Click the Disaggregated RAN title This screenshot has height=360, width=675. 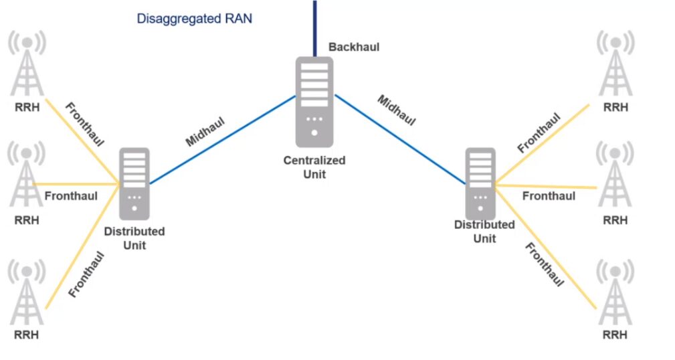coord(194,19)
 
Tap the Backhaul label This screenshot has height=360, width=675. coord(354,48)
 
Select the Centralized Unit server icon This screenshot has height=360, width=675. coord(314,102)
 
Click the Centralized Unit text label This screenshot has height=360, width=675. coord(314,167)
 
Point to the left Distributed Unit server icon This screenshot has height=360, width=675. coord(134,184)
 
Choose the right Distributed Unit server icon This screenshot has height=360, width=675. coord(480,184)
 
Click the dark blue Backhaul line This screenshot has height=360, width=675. coord(314,27)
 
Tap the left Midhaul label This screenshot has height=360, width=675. coord(205,131)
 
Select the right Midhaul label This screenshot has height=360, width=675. coord(397,110)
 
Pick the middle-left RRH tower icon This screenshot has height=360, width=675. coord(27,177)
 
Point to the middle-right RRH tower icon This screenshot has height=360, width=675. coord(615,177)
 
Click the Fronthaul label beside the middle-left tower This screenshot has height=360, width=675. coord(71,196)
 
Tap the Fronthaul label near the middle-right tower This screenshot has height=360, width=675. coord(549,196)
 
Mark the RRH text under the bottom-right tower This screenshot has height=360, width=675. coord(615,335)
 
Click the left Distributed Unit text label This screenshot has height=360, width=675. coord(134,238)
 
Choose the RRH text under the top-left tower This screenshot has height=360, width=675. coord(27,106)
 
